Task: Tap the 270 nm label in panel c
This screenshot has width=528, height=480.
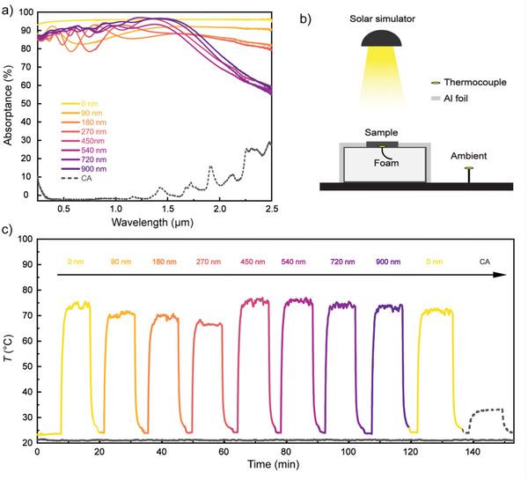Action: pyautogui.click(x=207, y=262)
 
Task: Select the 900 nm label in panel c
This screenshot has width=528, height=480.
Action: pyautogui.click(x=387, y=262)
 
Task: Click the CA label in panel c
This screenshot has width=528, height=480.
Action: pyautogui.click(x=484, y=262)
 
